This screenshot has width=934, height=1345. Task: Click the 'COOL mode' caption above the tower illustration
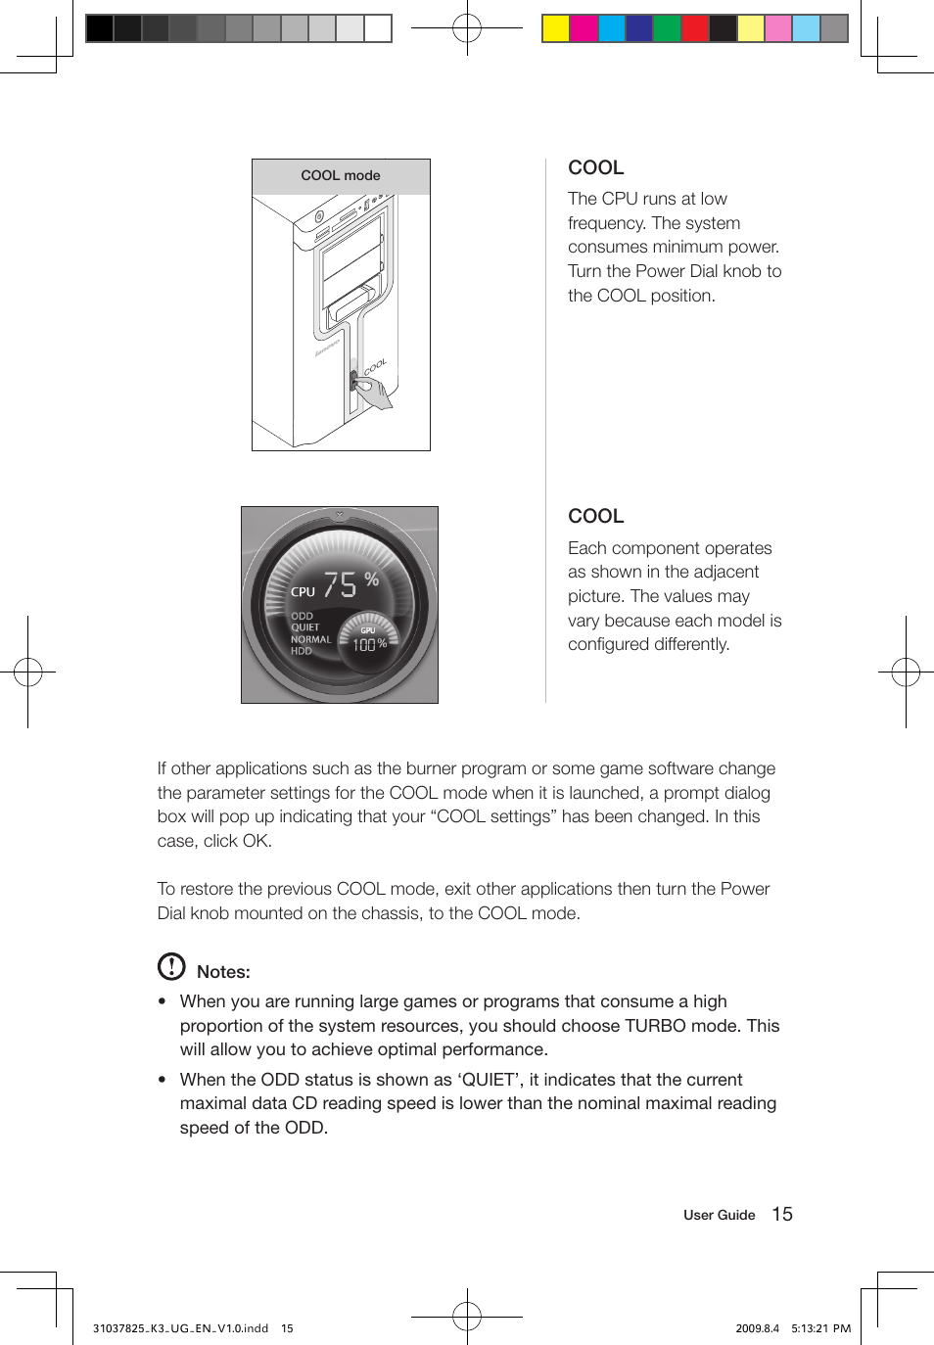coord(341,176)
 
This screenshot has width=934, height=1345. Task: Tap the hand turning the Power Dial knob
coord(374,394)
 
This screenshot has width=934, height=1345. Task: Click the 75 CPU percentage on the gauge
coord(340,585)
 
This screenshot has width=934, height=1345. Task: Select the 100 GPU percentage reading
coord(364,645)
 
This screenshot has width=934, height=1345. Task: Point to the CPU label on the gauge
coord(303,592)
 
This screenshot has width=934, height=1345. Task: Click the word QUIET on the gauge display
coord(304,627)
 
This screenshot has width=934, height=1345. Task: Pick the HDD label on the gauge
coord(301,651)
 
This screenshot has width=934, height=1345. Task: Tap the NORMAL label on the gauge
coord(310,639)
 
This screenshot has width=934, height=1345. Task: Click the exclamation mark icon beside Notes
coord(171,966)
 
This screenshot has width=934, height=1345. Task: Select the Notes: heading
coord(223,972)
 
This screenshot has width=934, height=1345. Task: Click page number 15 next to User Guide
coord(782,1214)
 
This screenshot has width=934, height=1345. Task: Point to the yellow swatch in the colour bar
coord(556,28)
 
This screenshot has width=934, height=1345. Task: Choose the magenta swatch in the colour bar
coord(584,28)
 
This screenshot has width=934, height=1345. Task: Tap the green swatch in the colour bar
coord(667,28)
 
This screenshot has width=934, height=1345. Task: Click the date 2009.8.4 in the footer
coord(757,1328)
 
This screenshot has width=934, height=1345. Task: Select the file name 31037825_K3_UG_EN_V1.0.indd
coord(180,1328)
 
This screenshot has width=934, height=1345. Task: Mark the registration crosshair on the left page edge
coord(28,672)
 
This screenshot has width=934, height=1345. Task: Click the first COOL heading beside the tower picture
coord(595,167)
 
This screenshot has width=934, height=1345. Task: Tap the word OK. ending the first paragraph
coord(257,841)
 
